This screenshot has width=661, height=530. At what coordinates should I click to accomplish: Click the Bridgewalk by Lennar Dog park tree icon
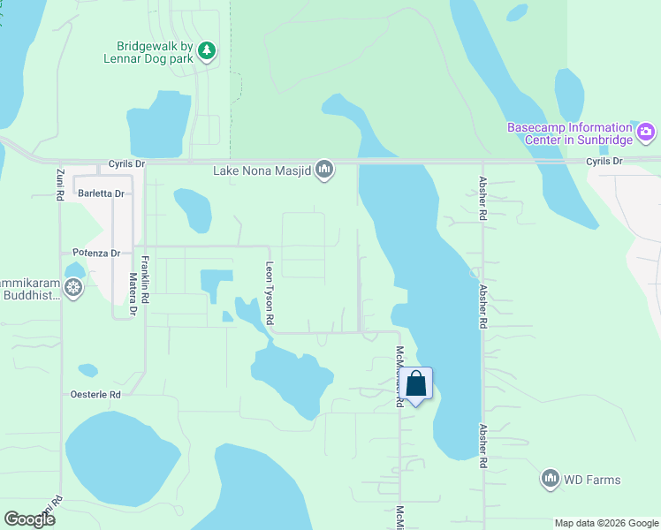coord(207,50)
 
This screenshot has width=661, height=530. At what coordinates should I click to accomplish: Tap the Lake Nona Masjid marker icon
coord(324,169)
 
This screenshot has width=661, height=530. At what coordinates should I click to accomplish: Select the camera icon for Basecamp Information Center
coord(646,132)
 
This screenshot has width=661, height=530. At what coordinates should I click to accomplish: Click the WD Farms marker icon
coord(551,480)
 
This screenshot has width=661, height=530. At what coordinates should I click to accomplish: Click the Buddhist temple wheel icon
coord(73,287)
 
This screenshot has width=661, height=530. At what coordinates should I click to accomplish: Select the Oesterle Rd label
coord(95,395)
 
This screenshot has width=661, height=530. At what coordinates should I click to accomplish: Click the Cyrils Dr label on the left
coord(126,164)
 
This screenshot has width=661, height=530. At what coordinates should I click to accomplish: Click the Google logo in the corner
coord(28,519)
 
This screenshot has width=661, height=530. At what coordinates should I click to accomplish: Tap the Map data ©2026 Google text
coord(605,523)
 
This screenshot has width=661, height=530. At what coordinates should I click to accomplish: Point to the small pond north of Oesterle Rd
coord(87,370)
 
